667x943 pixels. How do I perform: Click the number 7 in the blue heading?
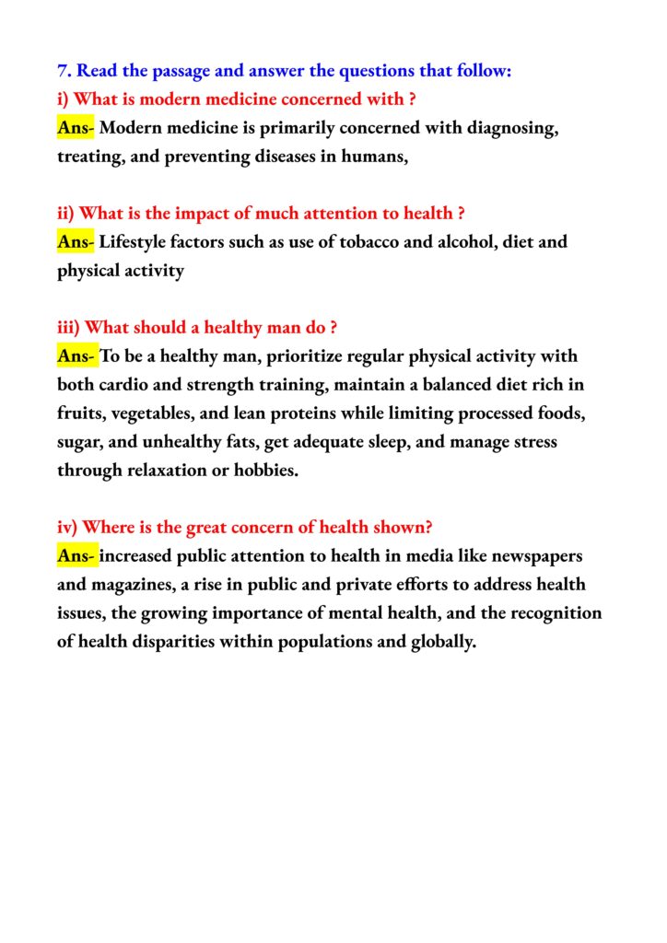point(63,71)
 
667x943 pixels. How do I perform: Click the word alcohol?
point(430,242)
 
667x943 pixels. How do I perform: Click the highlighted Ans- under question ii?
point(76,242)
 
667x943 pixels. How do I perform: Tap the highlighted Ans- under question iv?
point(76,556)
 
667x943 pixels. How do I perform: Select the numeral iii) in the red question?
point(69,328)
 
